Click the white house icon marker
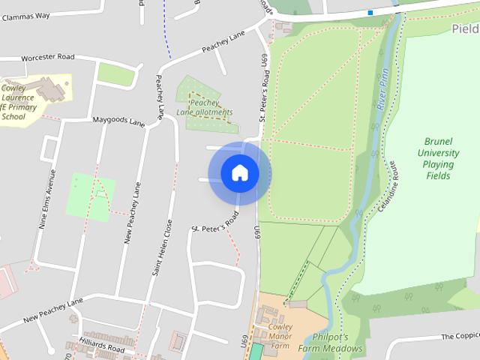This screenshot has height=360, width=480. click(x=240, y=173)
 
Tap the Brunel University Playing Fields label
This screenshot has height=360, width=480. click(x=437, y=158)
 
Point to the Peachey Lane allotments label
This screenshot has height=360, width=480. click(x=205, y=107)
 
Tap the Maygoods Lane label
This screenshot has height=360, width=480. click(x=118, y=120)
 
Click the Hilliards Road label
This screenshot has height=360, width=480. click(x=101, y=348)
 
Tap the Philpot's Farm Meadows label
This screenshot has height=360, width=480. click(x=330, y=343)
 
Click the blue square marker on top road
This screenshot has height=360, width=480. click(x=370, y=13)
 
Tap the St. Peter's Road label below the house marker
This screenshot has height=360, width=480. click(x=214, y=222)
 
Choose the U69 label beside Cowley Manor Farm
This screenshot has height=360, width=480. click(x=244, y=341)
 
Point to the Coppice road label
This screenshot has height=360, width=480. click(x=459, y=337)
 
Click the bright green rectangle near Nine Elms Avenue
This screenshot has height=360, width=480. click(x=91, y=197)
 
